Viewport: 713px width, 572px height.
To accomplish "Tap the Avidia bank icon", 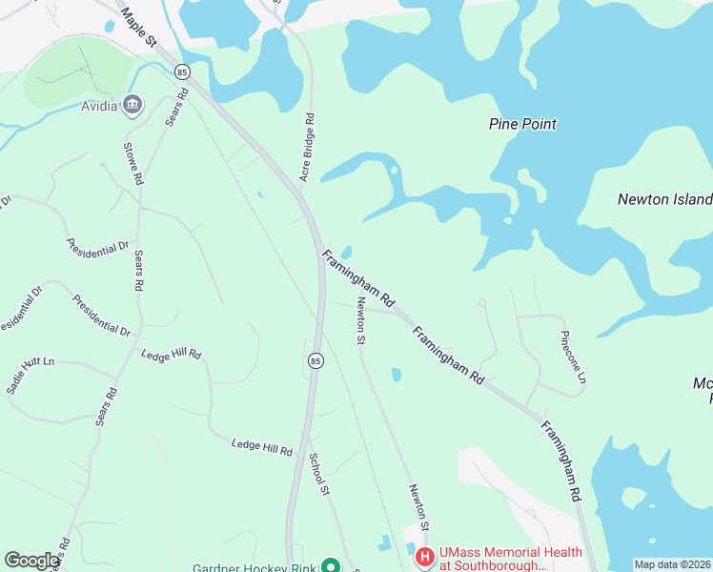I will coord(132,104).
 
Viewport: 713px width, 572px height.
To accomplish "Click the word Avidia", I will coord(99,106).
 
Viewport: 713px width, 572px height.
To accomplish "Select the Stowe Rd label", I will coord(132,163).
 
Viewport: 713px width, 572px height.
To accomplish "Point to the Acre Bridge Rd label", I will coord(307,148).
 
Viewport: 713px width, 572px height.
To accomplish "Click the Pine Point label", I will coord(522,124).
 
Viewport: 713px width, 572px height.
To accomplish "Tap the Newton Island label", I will coord(665,199).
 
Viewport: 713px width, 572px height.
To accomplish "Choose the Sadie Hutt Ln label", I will coord(31,376).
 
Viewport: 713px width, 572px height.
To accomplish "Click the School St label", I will coord(317,473).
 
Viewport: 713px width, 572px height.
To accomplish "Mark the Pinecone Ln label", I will coord(572,359).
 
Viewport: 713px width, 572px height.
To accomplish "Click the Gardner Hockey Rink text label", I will coord(253,568).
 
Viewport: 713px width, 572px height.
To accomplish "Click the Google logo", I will coord(31,561).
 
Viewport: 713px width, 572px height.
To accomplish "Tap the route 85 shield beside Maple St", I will coord(182,71).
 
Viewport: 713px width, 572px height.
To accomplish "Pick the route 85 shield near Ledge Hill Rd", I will coord(316,360).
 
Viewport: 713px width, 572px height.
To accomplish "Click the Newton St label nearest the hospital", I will coord(420,506).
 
